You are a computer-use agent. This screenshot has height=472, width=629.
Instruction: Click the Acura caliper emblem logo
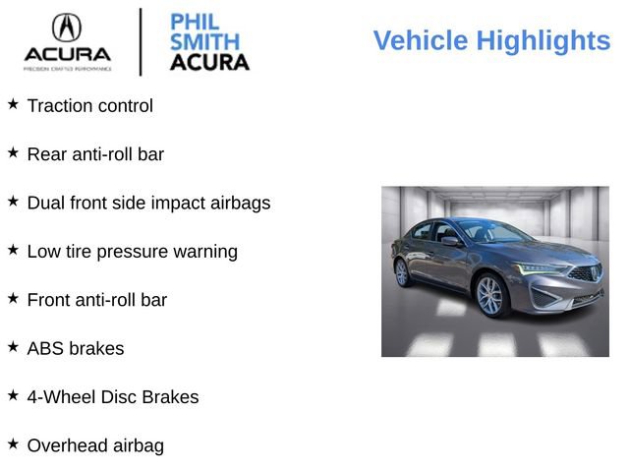(x=67, y=28)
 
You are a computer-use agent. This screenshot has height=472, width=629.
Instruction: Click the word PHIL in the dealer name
(x=195, y=22)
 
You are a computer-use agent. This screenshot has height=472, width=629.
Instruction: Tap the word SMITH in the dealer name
(x=203, y=42)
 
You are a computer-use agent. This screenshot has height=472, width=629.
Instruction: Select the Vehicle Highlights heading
(x=491, y=41)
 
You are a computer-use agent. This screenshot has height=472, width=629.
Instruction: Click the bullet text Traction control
(x=90, y=105)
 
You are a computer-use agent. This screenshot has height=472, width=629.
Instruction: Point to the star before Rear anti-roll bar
(x=13, y=152)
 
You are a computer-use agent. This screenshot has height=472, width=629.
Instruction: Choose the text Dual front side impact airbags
(x=148, y=203)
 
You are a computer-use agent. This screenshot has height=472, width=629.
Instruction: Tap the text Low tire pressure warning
(x=132, y=251)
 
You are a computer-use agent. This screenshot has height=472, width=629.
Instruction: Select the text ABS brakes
(x=76, y=348)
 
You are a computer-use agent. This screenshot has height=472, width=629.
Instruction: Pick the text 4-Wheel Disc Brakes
(x=113, y=397)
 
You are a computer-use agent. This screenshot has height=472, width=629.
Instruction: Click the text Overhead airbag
(x=95, y=445)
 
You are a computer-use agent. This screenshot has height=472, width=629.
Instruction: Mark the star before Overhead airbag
(x=13, y=444)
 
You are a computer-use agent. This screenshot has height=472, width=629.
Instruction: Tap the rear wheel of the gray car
(x=401, y=272)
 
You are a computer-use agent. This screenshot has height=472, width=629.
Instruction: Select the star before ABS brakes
(x=13, y=347)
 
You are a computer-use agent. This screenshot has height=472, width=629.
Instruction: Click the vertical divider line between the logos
(x=141, y=41)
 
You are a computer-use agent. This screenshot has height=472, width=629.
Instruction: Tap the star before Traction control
(x=13, y=104)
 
